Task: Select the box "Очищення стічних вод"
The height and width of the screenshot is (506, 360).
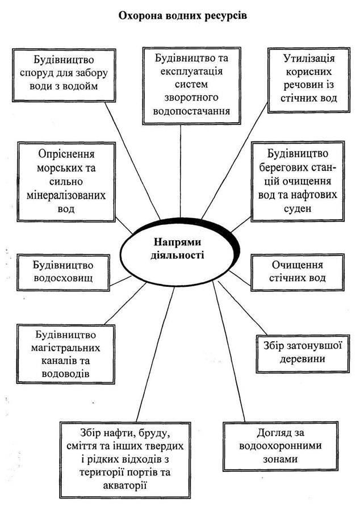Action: [298, 271]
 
